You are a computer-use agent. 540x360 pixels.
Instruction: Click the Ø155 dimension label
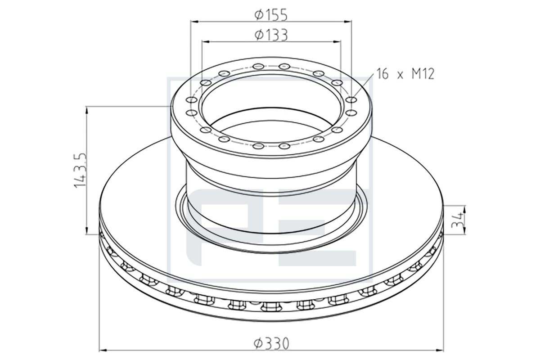(271, 15)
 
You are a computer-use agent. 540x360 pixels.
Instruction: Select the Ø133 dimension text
(271, 35)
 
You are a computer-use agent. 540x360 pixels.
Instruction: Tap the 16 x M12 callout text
(405, 74)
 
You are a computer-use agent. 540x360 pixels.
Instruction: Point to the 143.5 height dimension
(80, 170)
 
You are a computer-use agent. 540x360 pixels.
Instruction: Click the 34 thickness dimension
(458, 220)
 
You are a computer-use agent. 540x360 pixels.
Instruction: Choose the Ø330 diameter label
(271, 343)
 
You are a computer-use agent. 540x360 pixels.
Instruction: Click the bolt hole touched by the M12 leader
(351, 99)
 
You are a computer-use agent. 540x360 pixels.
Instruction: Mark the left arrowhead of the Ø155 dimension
(194, 22)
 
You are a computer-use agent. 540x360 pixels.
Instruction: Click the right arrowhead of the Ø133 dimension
(337, 42)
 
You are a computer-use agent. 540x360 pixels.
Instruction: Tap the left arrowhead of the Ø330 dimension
(103, 350)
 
